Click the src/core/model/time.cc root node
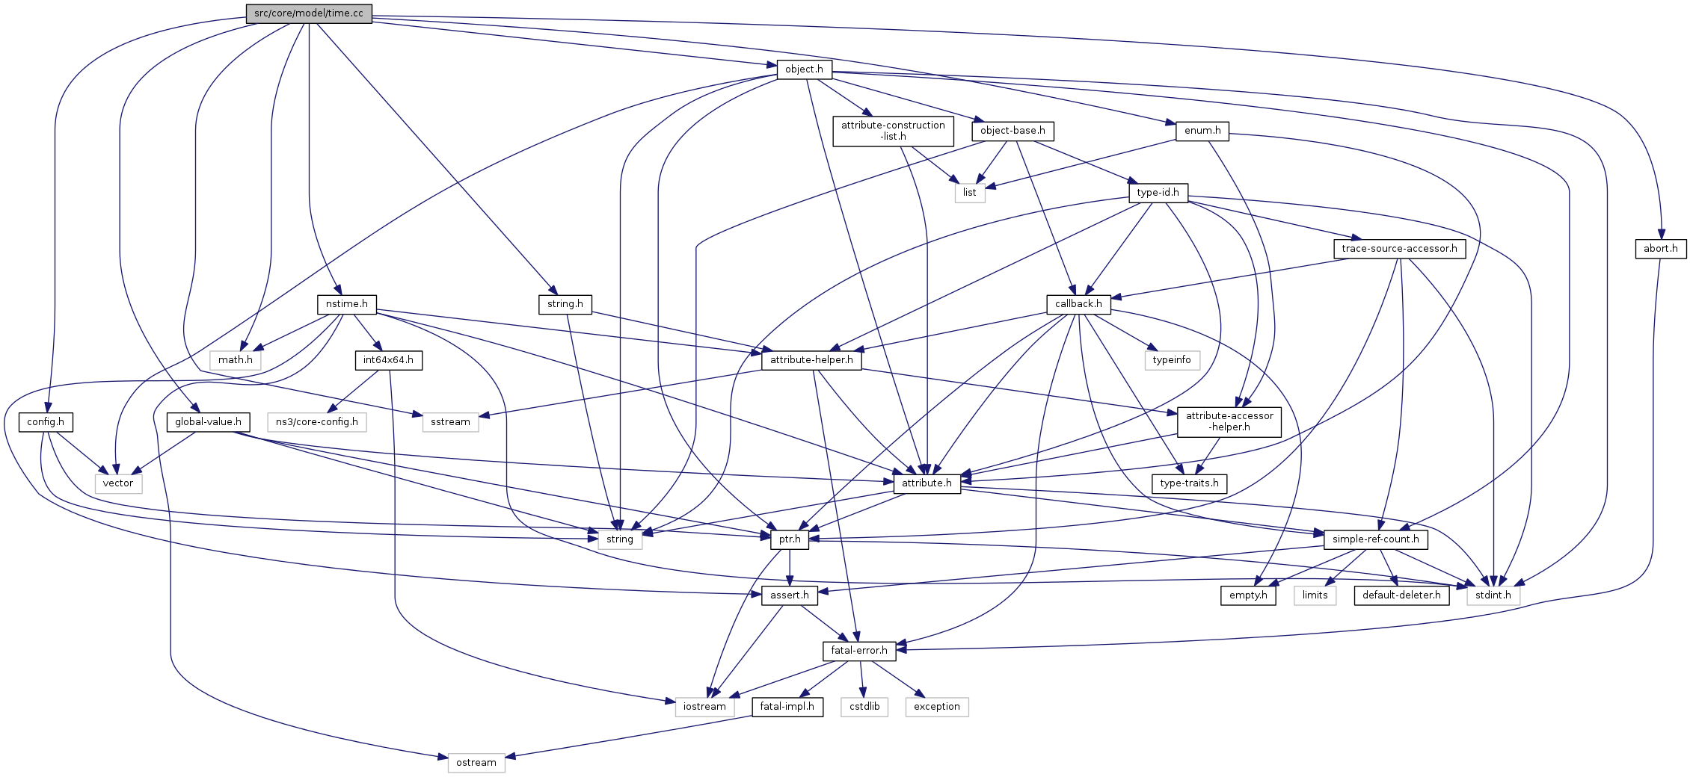(309, 13)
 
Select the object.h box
(804, 69)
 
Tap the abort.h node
(1660, 249)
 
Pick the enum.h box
(1202, 131)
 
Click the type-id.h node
(1158, 193)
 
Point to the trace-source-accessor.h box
(1399, 249)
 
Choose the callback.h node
(1078, 304)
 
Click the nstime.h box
(346, 304)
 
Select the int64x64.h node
(388, 360)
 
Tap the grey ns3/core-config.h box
(317, 422)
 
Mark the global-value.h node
(208, 422)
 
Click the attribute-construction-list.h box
(893, 131)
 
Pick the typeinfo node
(1172, 360)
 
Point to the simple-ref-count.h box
(1375, 539)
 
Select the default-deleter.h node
(1401, 595)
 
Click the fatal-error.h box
(859, 651)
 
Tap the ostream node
(476, 763)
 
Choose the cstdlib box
(864, 707)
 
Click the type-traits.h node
(1189, 483)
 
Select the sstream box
(450, 422)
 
